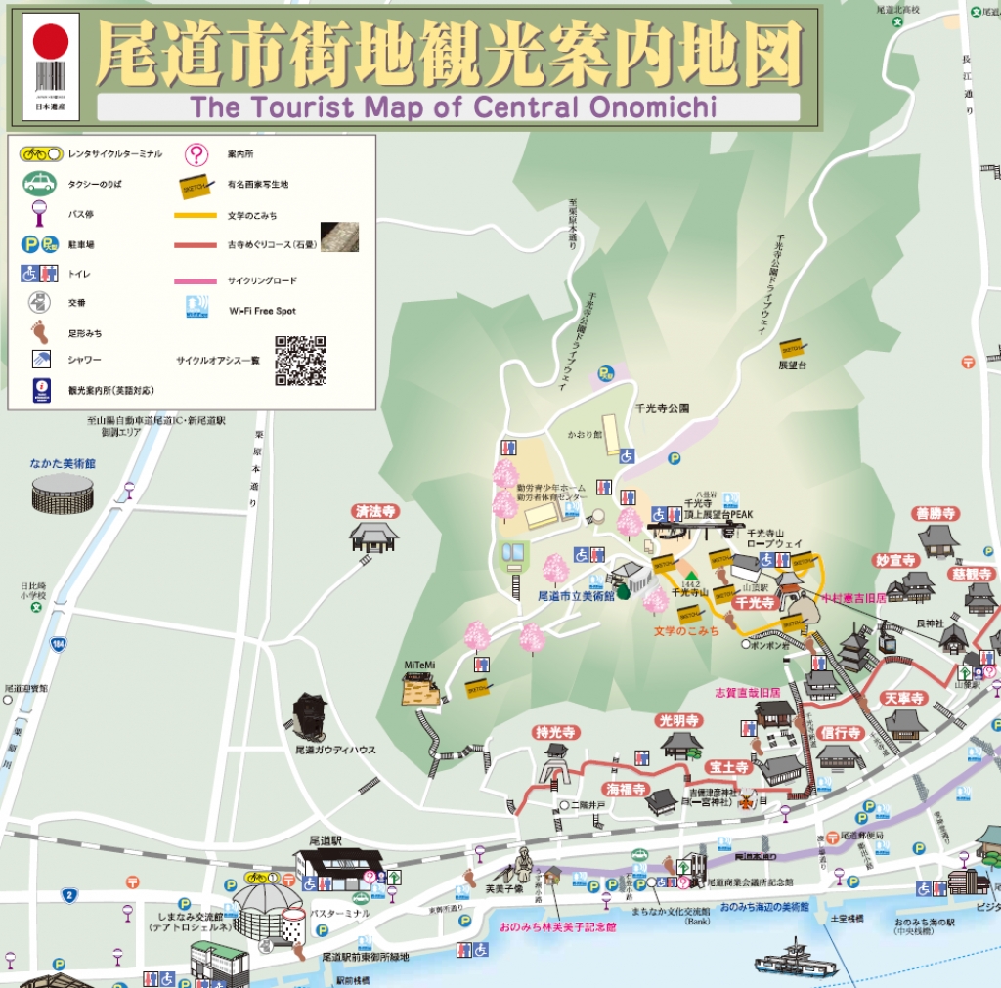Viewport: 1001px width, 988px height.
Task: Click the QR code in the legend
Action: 300,361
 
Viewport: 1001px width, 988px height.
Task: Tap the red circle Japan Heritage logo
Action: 51,42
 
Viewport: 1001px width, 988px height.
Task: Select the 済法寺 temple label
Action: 375,511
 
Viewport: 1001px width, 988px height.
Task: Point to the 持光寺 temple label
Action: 556,732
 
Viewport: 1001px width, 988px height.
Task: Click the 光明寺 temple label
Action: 679,720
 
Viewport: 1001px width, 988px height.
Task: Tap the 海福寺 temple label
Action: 627,789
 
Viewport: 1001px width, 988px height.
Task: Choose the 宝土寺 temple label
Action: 729,767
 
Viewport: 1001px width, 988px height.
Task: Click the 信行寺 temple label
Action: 840,732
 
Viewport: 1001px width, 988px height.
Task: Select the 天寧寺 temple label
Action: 903,698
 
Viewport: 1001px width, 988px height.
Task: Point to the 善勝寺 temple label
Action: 936,513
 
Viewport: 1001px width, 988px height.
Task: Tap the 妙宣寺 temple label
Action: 894,560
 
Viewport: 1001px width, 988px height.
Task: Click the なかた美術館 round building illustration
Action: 63,494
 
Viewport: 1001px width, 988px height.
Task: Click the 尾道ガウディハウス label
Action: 335,750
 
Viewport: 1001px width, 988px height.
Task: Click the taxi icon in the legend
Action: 40,183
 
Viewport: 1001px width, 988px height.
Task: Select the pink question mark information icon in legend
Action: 197,154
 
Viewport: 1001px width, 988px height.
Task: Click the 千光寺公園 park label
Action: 662,408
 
